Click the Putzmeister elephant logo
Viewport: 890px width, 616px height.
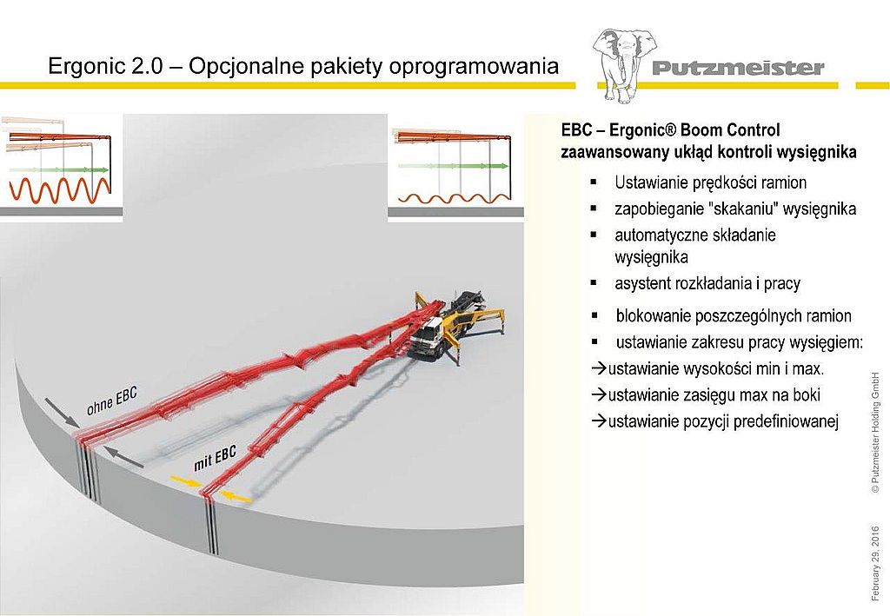(x=624, y=64)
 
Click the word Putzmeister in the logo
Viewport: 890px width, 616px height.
(x=738, y=68)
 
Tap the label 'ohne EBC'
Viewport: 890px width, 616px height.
(x=112, y=401)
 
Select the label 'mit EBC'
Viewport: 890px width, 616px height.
(x=215, y=459)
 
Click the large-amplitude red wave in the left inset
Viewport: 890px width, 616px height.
(x=59, y=190)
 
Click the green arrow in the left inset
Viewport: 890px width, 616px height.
(x=66, y=169)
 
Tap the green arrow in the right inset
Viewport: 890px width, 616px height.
(x=454, y=166)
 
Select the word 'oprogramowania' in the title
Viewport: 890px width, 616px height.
(x=474, y=67)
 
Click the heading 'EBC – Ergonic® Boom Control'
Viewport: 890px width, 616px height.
(x=670, y=130)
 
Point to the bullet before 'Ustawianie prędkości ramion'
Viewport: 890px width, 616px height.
(x=594, y=182)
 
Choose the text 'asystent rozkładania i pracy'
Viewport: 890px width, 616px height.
(x=707, y=283)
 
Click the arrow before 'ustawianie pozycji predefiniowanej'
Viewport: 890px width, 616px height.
(x=599, y=421)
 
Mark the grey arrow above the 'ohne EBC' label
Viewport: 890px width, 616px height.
(x=62, y=412)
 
